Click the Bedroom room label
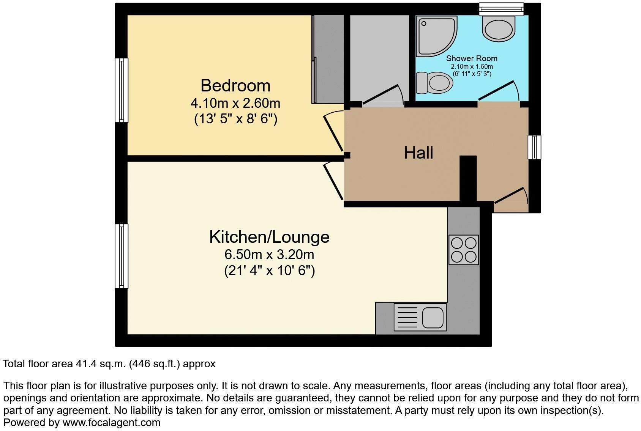coord(235,85)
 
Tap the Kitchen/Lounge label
coord(269,237)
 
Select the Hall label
coord(418,153)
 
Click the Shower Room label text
coord(471,58)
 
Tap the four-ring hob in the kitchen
coord(464,250)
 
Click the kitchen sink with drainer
coord(420,317)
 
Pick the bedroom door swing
coord(333,131)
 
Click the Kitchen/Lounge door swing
coord(333,180)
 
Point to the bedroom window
coord(122,90)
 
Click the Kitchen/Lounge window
coord(122,256)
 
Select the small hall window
coord(534,147)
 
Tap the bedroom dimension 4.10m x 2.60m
coord(235,103)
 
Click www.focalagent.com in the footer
coord(111,422)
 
